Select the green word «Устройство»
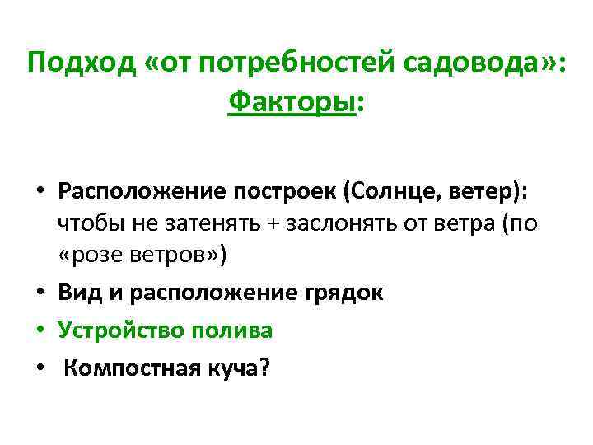[x=121, y=330]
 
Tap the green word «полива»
[x=231, y=330]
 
